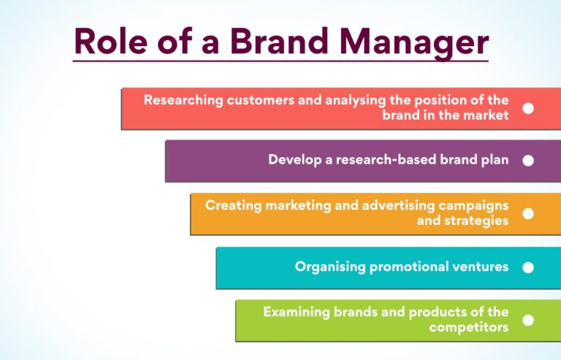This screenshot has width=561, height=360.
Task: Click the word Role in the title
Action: (x=110, y=42)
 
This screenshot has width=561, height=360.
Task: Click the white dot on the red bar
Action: (x=528, y=108)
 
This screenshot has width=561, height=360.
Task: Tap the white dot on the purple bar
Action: (x=528, y=160)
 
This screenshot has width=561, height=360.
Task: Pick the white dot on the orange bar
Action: (x=528, y=213)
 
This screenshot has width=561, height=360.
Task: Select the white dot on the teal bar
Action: (x=528, y=267)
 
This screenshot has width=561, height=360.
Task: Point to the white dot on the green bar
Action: (x=528, y=320)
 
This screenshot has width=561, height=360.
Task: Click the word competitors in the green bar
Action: (x=469, y=327)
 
